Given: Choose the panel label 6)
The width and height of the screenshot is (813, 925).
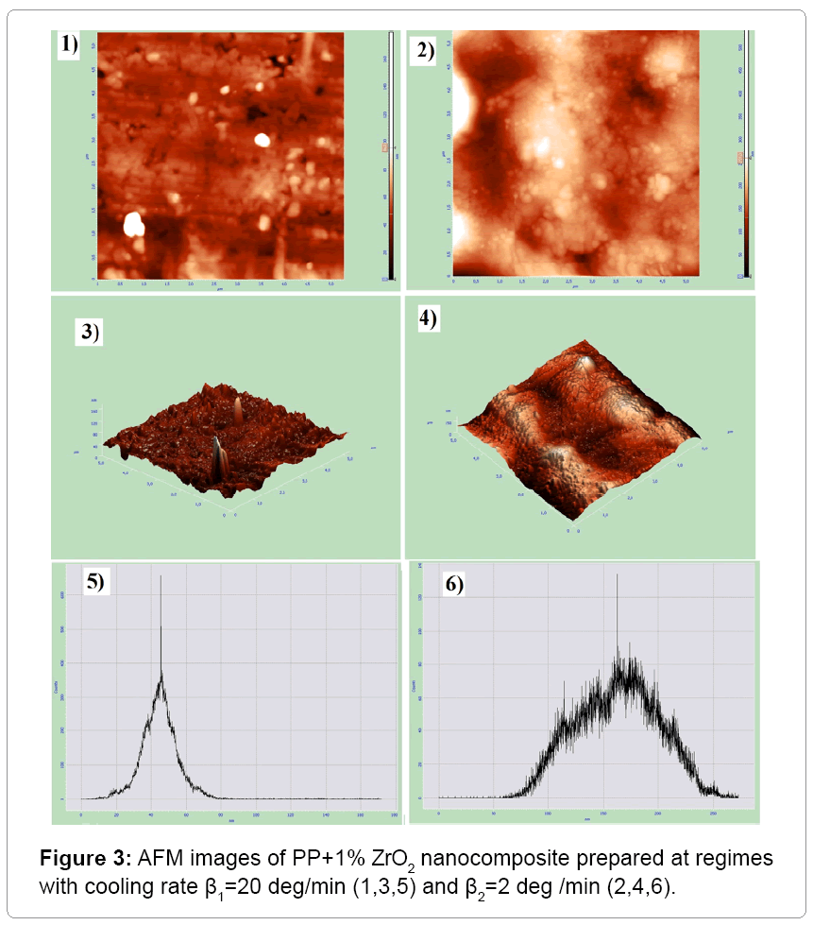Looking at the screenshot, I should pos(454,586).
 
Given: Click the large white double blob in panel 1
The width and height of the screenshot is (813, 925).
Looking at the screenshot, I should pos(133,225).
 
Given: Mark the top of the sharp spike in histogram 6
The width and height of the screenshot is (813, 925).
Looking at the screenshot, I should pos(618,574).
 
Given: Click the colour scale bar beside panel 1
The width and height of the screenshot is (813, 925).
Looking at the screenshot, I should pos(390,156).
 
